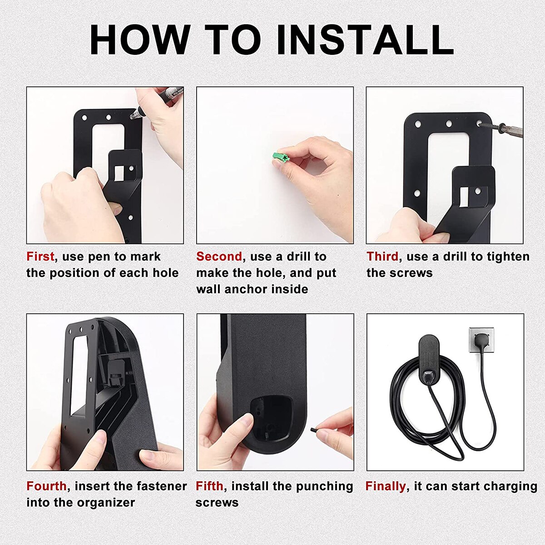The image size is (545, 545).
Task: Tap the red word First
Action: click(40, 257)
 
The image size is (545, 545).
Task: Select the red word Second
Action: click(219, 257)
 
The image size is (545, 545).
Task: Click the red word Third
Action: click(382, 257)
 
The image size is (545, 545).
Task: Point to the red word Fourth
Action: click(46, 486)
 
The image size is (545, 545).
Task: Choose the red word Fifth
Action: click(209, 486)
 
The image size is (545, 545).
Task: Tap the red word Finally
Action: click(385, 486)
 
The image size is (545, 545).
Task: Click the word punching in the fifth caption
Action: click(324, 486)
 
